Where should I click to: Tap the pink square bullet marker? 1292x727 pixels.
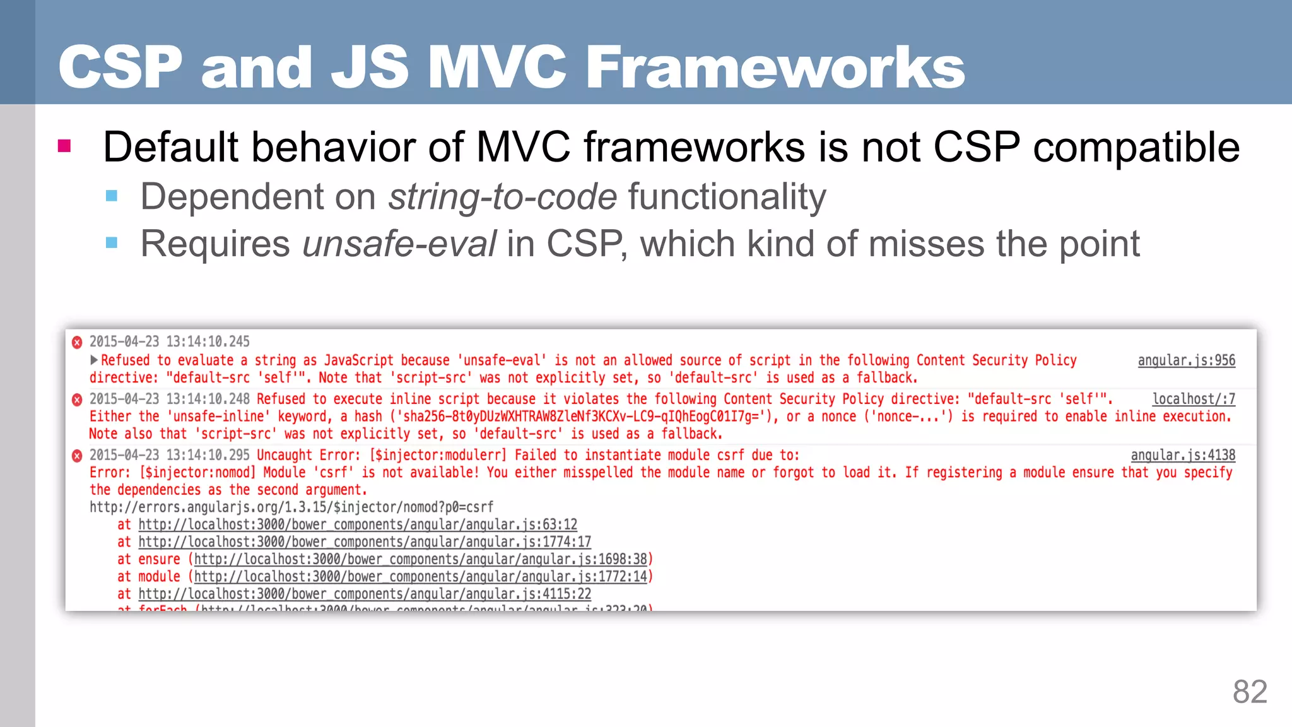tap(64, 146)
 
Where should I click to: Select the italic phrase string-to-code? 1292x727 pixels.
tap(502, 196)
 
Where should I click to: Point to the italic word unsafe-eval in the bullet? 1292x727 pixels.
tap(399, 244)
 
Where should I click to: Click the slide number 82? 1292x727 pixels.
tap(1250, 692)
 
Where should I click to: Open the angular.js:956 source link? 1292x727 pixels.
tap(1186, 360)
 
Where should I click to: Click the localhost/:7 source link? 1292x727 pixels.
tap(1194, 399)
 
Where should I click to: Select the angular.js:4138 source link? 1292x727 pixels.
tap(1183, 455)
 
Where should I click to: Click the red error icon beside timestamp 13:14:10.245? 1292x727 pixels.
tap(77, 343)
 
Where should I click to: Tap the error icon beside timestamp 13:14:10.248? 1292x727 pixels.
tap(77, 399)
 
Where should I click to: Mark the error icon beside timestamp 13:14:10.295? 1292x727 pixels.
tap(77, 456)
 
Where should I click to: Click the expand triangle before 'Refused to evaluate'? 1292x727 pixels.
tap(94, 360)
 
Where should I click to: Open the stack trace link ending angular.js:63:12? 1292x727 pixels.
tap(358, 524)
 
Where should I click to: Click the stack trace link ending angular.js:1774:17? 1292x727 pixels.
tap(365, 541)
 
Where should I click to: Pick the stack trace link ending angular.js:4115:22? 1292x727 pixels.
tap(365, 594)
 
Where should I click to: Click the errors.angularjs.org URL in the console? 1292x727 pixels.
tap(291, 507)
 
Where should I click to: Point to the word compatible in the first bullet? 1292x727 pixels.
tap(1136, 146)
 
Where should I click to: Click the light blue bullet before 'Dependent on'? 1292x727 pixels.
tap(112, 196)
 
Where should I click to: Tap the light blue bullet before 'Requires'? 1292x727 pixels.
tap(112, 243)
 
